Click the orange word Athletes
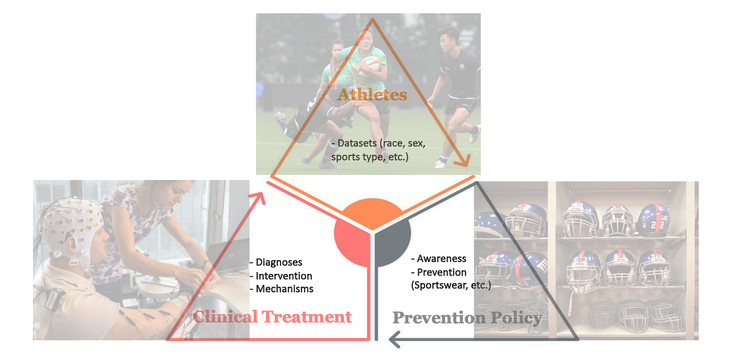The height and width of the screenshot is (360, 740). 372,95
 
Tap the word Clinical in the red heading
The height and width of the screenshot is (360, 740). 225,316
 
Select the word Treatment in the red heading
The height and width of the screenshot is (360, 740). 307,316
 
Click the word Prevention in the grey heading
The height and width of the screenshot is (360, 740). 439,318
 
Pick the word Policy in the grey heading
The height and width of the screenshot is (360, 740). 517,318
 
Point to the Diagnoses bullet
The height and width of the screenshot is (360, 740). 276,262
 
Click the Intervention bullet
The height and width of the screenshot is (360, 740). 281,276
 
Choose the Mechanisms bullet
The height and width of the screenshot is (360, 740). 282,289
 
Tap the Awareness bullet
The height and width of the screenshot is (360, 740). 439,259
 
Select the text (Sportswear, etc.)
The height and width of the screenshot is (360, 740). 451,285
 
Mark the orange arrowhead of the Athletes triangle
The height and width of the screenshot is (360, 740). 462,160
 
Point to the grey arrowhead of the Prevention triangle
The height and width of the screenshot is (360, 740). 395,339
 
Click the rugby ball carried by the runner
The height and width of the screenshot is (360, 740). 370,65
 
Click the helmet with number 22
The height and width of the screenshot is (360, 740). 653,220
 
